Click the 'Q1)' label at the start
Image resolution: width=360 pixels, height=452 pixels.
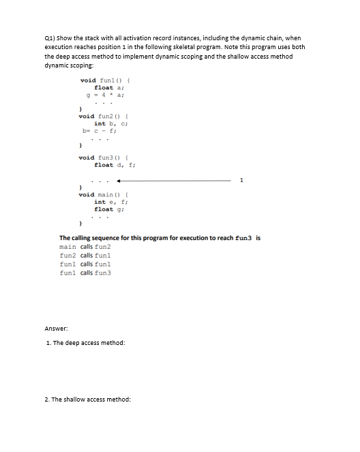[x=49, y=38]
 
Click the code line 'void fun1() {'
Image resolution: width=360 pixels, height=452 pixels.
[x=100, y=80]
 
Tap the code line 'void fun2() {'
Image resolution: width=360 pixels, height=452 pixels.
[x=100, y=117]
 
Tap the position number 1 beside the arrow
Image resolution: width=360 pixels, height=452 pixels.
[x=240, y=181]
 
